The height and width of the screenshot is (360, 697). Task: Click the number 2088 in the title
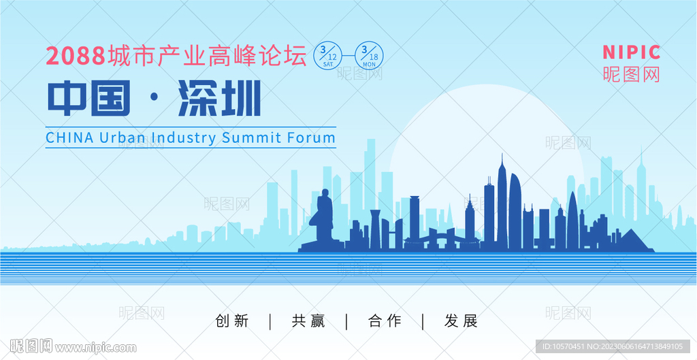76,56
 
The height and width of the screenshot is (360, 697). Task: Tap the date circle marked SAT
328,55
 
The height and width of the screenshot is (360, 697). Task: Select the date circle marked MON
370,55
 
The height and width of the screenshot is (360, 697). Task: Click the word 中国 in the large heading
89,98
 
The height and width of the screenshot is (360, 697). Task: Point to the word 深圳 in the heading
219,98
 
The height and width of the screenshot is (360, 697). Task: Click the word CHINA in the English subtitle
70,137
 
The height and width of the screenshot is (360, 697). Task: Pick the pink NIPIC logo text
632,52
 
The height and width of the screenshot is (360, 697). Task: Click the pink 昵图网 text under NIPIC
632,74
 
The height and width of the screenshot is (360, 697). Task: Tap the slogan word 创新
231,321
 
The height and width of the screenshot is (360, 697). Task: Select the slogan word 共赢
308,321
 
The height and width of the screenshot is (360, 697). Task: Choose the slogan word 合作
385,321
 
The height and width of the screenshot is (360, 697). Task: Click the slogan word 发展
461,321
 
